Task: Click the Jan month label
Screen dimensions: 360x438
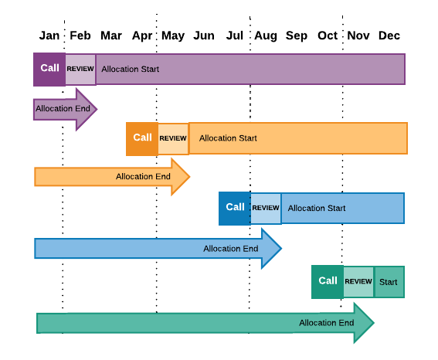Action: coord(49,36)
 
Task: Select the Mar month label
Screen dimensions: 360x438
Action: coord(111,36)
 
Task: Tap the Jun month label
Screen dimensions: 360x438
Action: coord(204,36)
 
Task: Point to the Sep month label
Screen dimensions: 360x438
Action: coord(297,36)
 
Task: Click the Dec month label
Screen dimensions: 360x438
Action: coord(389,36)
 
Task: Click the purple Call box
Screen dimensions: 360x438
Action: coord(49,69)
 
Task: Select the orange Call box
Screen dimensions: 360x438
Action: coord(142,138)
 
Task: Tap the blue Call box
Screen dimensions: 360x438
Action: coord(235,208)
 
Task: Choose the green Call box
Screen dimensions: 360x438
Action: coord(328,281)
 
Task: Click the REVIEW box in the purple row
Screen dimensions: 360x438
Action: coord(80,69)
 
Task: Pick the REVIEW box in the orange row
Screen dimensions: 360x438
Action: coord(173,139)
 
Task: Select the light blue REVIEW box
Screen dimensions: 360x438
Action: coord(266,209)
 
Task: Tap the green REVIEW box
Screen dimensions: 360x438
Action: coord(358,282)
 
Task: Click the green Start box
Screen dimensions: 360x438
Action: coord(389,282)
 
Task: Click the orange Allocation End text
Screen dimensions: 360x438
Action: coord(143,177)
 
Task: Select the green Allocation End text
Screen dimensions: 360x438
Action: coord(326,323)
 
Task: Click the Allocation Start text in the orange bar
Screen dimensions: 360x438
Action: coord(228,138)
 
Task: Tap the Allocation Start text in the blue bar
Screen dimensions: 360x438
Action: coord(317,209)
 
